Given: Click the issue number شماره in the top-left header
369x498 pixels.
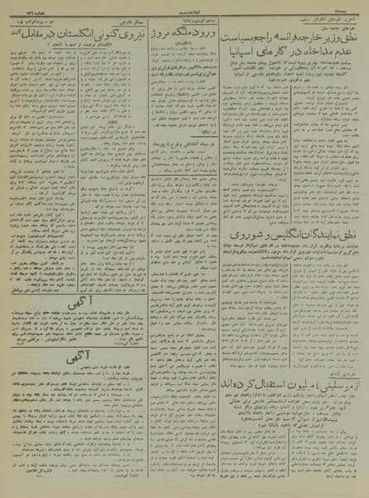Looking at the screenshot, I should coord(25,17).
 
